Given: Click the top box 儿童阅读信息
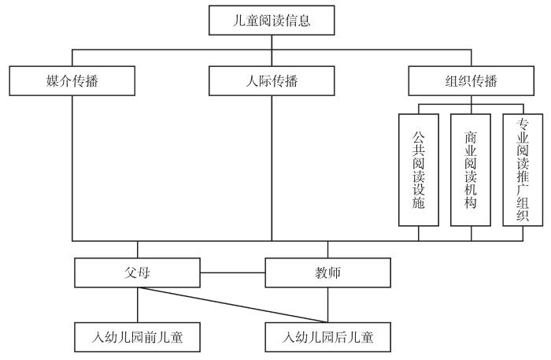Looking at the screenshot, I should (272, 20).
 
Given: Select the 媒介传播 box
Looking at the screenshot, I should (72, 81).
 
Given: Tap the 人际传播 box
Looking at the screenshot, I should (272, 81).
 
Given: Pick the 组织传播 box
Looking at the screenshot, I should (471, 81).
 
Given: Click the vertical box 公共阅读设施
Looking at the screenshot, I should (418, 169).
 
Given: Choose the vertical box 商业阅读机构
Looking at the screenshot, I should (471, 169).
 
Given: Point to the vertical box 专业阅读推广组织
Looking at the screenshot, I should (523, 169).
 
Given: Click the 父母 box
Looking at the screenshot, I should (137, 273).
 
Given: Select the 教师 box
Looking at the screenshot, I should (327, 273).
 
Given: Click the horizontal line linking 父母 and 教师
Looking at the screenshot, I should (232, 273).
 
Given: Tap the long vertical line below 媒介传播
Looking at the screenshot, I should (72, 165).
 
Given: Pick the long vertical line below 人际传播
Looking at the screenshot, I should (272, 165).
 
